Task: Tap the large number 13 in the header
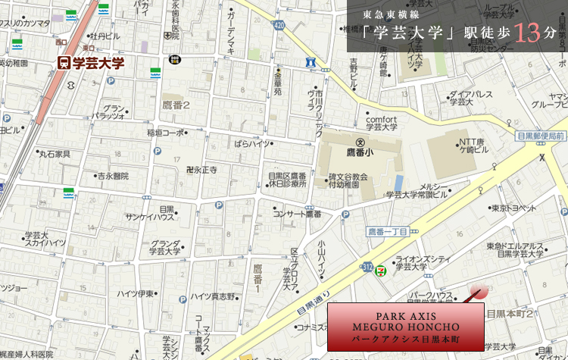(x=527, y=33)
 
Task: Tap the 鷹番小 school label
(x=361, y=152)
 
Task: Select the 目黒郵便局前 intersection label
(x=540, y=136)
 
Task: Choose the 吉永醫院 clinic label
(x=112, y=176)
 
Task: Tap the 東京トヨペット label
(x=513, y=208)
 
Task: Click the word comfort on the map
(x=381, y=119)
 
